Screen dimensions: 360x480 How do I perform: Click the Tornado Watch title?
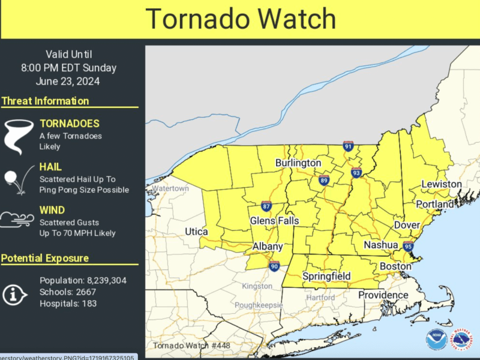[x=240, y=19]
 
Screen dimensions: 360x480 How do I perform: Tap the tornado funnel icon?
[x=18, y=136]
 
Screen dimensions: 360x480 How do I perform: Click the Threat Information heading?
[x=45, y=101]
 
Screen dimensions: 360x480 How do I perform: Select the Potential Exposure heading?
[x=45, y=258]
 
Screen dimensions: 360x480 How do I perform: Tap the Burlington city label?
[x=298, y=163]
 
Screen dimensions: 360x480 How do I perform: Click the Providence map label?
[x=383, y=295]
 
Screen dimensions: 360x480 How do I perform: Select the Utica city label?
[x=197, y=232]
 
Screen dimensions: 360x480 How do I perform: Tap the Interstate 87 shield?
[x=266, y=206]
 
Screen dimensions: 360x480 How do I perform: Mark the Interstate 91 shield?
[x=348, y=146]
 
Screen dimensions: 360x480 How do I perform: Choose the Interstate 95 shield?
[x=408, y=246]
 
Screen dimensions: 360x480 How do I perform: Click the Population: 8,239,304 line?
[x=83, y=280]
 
